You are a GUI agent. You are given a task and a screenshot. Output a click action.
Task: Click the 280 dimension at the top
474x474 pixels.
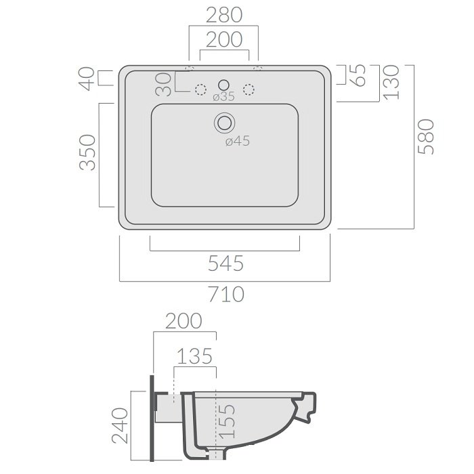224,15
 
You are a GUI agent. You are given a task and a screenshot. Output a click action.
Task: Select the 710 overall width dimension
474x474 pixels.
226,294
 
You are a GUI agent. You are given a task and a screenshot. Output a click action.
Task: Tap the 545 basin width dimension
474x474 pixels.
225,263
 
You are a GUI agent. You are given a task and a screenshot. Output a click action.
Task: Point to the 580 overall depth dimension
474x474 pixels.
426,136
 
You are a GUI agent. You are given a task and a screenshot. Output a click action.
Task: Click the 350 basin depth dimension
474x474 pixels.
87,152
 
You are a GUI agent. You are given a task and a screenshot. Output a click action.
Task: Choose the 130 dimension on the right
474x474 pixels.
391,83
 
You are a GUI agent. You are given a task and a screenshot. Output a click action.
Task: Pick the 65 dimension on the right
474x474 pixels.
358,76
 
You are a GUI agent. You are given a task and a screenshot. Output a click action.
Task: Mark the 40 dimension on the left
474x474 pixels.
87,79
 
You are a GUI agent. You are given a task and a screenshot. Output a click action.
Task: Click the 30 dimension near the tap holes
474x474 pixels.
164,85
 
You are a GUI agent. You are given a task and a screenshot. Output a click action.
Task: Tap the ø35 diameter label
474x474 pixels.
223,97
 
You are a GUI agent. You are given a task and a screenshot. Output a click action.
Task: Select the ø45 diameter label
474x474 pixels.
238,141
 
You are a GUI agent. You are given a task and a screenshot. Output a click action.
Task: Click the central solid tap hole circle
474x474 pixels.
223,85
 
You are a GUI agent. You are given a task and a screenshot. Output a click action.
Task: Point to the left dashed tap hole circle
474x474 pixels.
200,89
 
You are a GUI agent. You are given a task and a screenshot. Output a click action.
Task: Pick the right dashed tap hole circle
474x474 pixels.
249,89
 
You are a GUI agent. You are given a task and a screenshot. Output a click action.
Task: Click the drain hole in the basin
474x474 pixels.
225,123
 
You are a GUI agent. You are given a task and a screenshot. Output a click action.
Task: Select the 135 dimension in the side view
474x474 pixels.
195,356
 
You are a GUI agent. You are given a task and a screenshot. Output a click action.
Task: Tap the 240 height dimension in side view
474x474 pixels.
120,426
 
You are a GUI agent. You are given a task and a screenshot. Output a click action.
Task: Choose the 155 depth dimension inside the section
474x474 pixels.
227,421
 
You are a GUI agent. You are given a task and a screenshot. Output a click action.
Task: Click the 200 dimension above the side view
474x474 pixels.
184,321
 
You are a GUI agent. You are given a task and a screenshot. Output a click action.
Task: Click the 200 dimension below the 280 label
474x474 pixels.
224,39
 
